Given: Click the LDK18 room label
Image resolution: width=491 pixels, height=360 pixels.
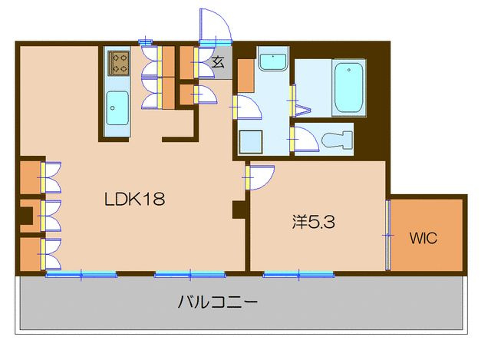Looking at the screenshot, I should point(135,200).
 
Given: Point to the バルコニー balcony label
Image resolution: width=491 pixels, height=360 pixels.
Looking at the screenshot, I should point(218,302).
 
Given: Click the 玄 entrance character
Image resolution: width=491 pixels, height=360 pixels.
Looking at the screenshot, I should point(217,64).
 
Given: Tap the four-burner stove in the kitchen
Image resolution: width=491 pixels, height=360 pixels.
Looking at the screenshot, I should point(119,63).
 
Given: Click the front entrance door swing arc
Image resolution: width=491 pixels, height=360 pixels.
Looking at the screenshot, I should point(214,26).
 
